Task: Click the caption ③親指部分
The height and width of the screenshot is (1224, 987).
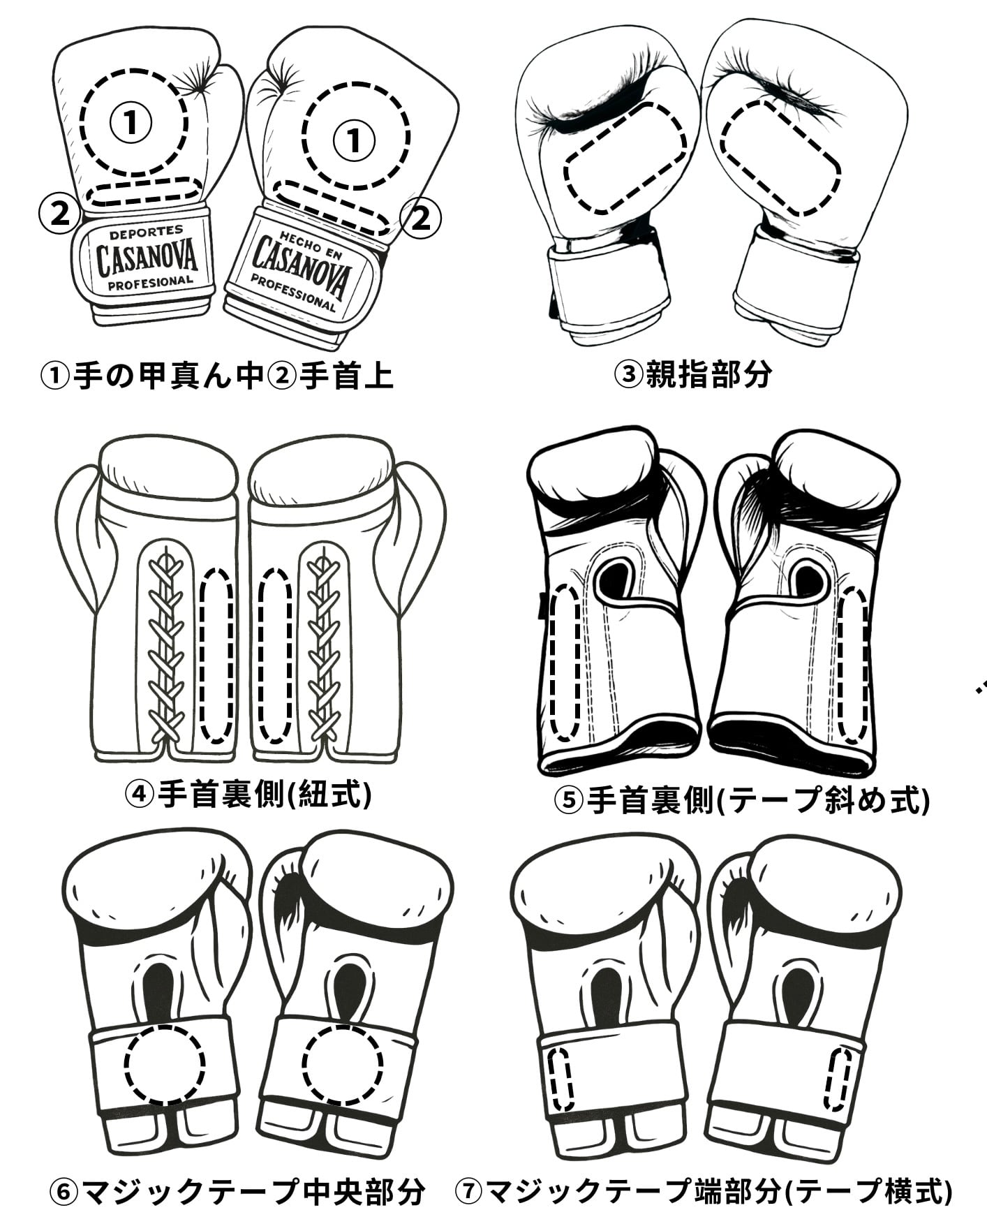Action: (692, 374)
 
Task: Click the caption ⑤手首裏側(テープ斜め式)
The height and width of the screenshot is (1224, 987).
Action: (741, 799)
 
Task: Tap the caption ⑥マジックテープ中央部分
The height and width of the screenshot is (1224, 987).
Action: (237, 1191)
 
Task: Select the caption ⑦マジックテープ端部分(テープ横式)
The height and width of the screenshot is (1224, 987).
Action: (704, 1191)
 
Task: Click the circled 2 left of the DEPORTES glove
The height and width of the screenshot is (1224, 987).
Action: (59, 213)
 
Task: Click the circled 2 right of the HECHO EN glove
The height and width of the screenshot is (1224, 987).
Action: (421, 219)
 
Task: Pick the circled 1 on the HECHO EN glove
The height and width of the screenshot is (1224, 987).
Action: (354, 140)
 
